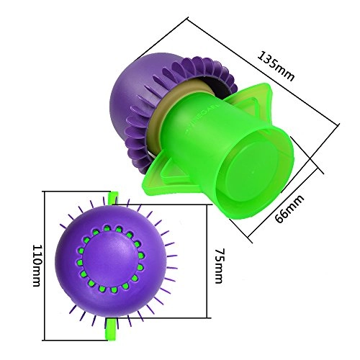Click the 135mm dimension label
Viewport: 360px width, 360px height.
(274, 66)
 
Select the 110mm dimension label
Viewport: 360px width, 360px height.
(36, 265)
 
